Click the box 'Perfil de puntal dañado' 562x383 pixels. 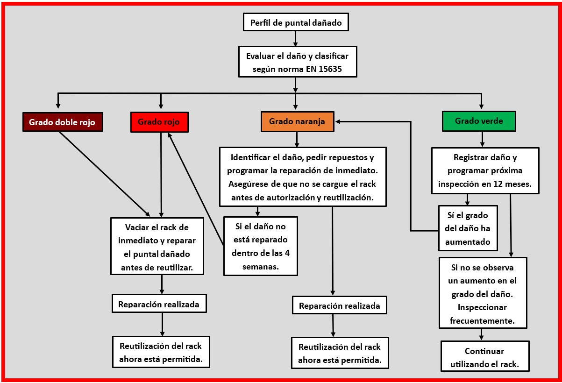[296, 22]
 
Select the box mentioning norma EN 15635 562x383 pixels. [297, 62]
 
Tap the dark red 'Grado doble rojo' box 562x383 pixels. [62, 122]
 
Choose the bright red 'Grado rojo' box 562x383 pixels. [159, 122]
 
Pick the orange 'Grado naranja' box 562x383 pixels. [297, 121]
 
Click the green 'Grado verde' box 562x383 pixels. [479, 121]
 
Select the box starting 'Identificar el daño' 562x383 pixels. [303, 176]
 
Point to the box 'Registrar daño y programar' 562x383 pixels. [484, 170]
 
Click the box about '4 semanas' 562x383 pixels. [260, 246]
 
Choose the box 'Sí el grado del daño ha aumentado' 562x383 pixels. [467, 229]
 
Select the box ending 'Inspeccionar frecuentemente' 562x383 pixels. [483, 293]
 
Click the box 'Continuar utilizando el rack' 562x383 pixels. [484, 356]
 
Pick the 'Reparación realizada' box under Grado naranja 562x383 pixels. [340, 306]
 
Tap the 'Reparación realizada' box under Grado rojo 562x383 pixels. [159, 304]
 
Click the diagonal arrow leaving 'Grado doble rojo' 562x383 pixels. [104, 174]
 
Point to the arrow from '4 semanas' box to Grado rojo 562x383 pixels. [196, 189]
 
